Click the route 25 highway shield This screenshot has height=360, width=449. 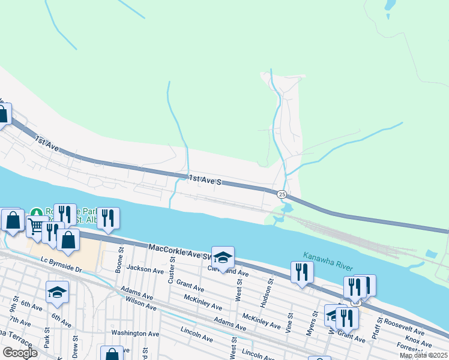282,194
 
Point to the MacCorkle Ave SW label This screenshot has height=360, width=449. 178,251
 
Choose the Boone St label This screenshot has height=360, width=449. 119,260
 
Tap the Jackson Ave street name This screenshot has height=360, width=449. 145,271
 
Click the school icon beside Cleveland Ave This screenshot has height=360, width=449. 223,258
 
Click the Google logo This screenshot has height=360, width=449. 20,353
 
